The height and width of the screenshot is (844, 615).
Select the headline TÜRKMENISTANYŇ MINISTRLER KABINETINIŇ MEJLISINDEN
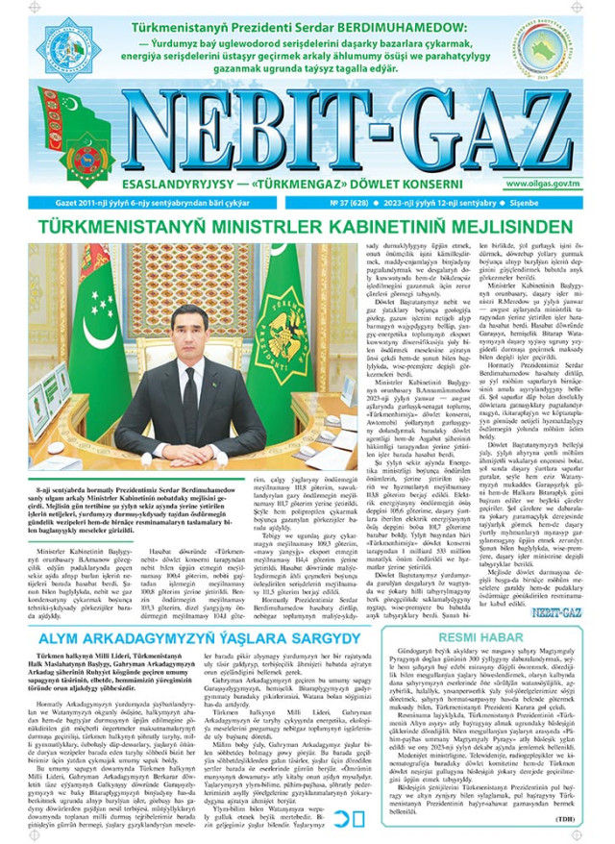[307, 229]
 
